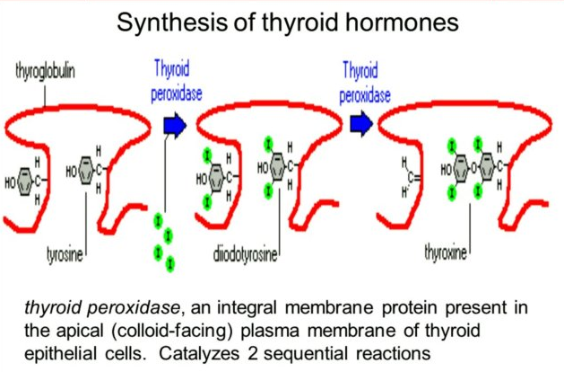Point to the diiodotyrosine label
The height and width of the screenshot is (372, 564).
point(247,255)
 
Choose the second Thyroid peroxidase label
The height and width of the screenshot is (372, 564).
point(365,79)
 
